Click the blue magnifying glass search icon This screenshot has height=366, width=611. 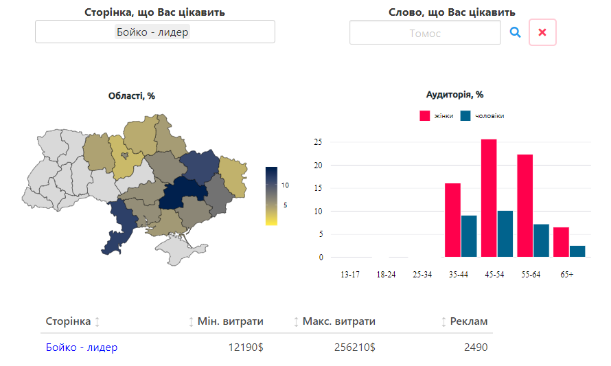pyautogui.click(x=515, y=32)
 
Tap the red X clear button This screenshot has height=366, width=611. pyautogui.click(x=542, y=32)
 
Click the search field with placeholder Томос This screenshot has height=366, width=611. pyautogui.click(x=425, y=33)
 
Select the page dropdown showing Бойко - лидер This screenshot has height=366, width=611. pyautogui.click(x=155, y=32)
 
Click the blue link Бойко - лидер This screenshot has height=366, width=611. pyautogui.click(x=82, y=347)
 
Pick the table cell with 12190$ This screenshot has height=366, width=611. pyautogui.click(x=246, y=347)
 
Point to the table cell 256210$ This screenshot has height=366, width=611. pyautogui.click(x=355, y=347)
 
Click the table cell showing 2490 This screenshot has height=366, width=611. pyautogui.click(x=476, y=347)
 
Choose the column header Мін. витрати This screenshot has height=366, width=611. pyautogui.click(x=230, y=321)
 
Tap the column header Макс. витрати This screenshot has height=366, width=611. pyautogui.click(x=338, y=321)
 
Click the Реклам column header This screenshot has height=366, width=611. pyautogui.click(x=469, y=321)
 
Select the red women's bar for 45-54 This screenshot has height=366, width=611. pyautogui.click(x=489, y=198)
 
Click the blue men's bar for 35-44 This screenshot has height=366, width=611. pyautogui.click(x=469, y=236)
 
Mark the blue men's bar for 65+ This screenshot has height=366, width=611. pyautogui.click(x=577, y=251)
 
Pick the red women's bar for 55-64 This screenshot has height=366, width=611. pyautogui.click(x=525, y=206)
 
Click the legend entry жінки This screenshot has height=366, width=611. pyautogui.click(x=437, y=116)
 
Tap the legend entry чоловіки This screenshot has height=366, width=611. pyautogui.click(x=482, y=116)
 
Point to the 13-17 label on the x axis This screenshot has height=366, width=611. pyautogui.click(x=350, y=275)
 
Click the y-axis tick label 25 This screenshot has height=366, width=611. pyautogui.click(x=318, y=142)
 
